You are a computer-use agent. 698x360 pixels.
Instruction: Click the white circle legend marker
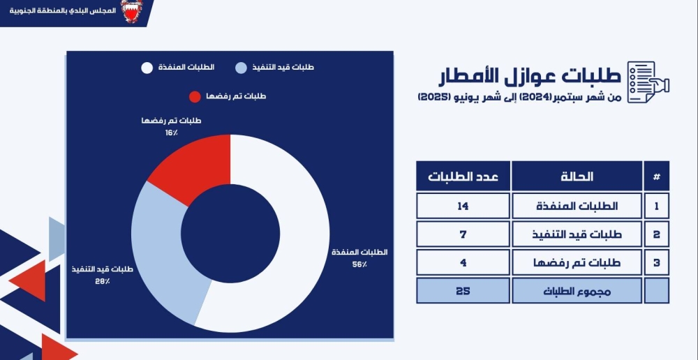coord(147,68)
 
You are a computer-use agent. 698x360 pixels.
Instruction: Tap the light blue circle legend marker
coord(239,68)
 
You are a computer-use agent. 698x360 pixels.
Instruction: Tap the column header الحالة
coord(577,176)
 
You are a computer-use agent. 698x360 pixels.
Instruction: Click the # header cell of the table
coord(656,176)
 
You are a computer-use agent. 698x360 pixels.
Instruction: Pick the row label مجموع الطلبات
coord(577,290)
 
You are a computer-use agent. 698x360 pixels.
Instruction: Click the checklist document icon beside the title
coord(648,82)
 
